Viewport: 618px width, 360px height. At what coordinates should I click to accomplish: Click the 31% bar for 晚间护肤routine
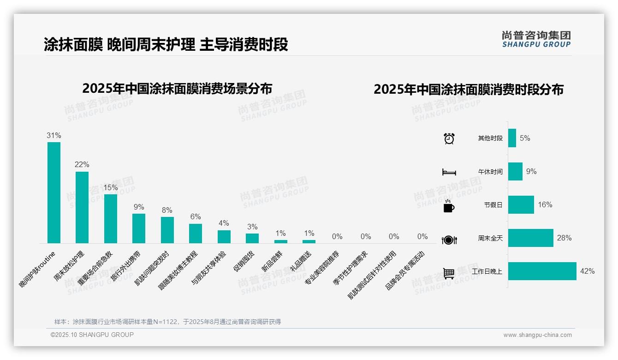[54, 192]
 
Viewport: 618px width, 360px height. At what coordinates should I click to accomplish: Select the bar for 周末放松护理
[82, 207]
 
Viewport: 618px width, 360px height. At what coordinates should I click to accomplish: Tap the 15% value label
[111, 188]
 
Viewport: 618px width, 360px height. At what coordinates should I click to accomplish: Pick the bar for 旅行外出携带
[139, 228]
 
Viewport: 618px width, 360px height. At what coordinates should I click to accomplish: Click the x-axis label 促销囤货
[244, 262]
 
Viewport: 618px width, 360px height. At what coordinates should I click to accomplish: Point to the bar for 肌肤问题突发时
[167, 230]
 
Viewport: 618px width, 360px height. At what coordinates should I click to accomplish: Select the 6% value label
[196, 217]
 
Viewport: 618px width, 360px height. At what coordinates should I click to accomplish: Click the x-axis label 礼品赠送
[301, 262]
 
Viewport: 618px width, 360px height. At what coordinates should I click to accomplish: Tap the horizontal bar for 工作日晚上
[542, 271]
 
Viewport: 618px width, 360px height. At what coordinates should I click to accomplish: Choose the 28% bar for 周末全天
[531, 238]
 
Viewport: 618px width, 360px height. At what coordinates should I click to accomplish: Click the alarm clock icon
[449, 138]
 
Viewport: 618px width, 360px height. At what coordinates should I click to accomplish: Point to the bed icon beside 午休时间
[449, 172]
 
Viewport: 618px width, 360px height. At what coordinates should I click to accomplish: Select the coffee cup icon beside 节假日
[449, 206]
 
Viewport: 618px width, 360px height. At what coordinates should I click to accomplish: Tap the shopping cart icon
[449, 273]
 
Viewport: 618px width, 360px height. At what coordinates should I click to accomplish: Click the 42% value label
[588, 271]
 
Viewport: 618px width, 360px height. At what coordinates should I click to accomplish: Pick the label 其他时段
[490, 138]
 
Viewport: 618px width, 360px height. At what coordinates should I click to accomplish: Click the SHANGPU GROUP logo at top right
[536, 39]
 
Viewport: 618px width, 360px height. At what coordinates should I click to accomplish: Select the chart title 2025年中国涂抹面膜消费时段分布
[469, 90]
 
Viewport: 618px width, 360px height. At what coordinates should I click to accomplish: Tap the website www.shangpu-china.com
[537, 335]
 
